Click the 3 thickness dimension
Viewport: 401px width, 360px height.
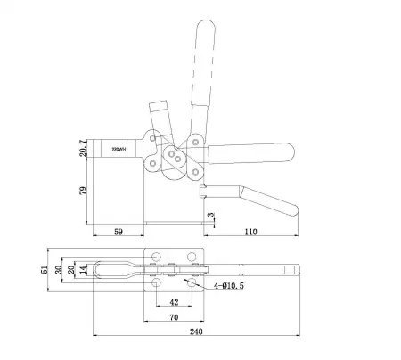tap(210, 215)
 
